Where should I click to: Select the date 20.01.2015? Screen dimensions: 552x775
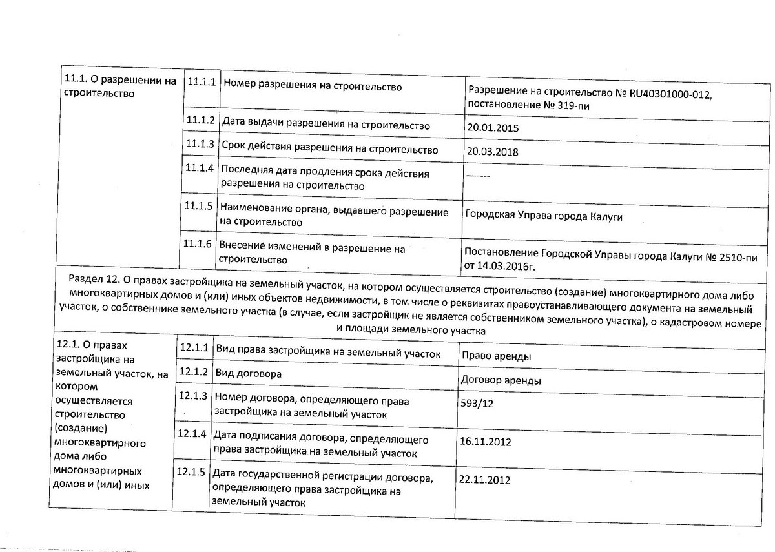[493, 128]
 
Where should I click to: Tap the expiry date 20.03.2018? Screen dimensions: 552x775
[493, 152]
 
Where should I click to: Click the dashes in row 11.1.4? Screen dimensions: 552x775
[477, 176]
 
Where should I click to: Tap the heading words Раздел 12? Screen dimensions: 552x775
[94, 279]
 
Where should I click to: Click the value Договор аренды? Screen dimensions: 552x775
[501, 381]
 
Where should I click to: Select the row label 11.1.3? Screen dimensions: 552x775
[199, 144]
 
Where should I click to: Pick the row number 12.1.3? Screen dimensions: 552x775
[192, 395]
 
